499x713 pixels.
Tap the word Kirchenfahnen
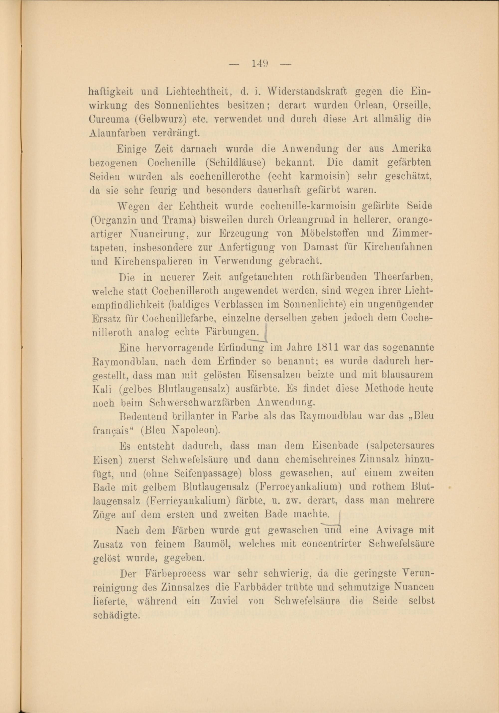coord(400,247)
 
